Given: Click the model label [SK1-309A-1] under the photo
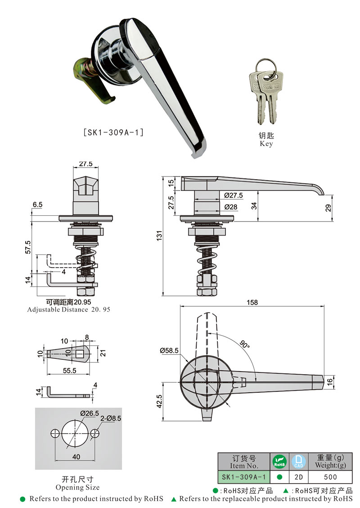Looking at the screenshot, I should click(113, 132).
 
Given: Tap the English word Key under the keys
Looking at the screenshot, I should click(266, 144).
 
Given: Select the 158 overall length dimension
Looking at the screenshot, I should click(252, 302).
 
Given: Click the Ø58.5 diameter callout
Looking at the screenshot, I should click(169, 350).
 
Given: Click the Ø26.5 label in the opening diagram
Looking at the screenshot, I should click(90, 413).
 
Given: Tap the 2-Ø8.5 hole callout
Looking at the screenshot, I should click(111, 418).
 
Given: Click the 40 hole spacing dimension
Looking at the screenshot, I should click(76, 457).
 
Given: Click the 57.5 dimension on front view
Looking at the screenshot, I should click(28, 247).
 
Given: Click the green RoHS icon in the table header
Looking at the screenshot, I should click(279, 462).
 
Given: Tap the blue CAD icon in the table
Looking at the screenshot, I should click(298, 462).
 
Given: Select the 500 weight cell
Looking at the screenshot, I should click(330, 477).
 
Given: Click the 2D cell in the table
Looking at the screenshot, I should click(298, 477).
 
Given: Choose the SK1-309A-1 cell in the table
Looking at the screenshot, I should click(243, 477).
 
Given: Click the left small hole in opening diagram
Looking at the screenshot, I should click(55, 433).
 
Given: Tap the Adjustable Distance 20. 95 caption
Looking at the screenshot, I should click(68, 310).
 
